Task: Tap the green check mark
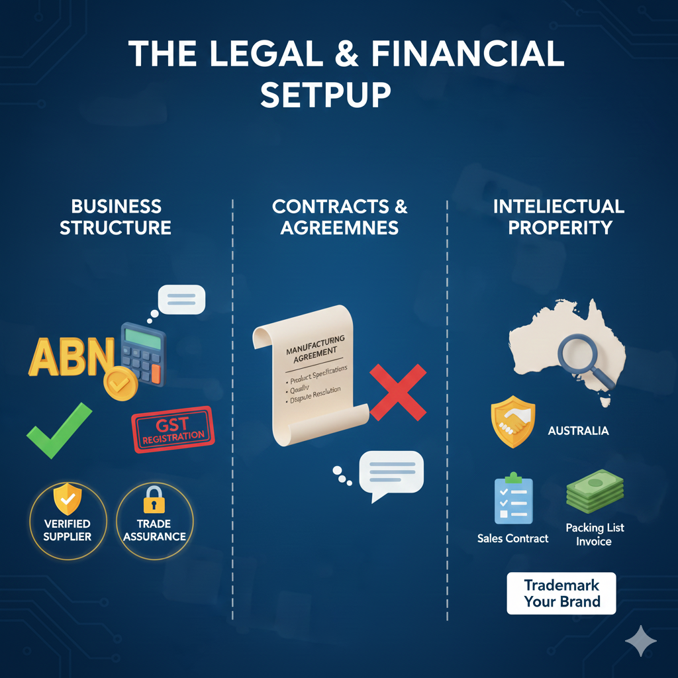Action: pos(58,430)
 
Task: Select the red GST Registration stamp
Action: pos(173,430)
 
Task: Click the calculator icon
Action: pos(142,354)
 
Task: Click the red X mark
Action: pos(397,391)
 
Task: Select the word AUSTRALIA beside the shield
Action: pos(578,431)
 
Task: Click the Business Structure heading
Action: pos(115,217)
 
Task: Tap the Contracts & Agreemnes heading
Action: pos(340,217)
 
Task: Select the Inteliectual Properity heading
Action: pos(558,217)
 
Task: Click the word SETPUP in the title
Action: pos(326,95)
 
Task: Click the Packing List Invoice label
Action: pos(595,534)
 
